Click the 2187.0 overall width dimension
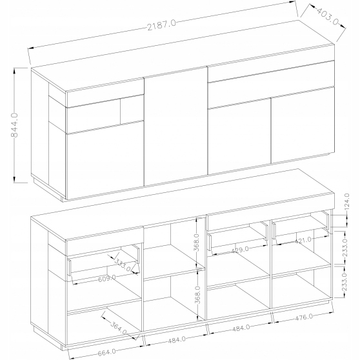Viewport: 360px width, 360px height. (x=161, y=25)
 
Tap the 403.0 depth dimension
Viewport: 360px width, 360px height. (x=327, y=16)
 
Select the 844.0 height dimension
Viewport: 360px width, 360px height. (x=14, y=125)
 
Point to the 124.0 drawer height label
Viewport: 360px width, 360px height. (x=347, y=201)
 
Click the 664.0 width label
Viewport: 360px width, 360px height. (x=106, y=352)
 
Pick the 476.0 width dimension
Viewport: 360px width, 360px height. (x=304, y=317)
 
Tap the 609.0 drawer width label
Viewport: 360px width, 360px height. (x=107, y=279)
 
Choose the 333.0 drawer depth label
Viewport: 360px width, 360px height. (x=123, y=265)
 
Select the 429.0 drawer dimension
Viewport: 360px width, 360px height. (x=240, y=250)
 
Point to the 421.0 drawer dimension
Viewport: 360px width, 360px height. (x=303, y=241)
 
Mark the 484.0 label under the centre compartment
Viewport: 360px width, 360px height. (x=177, y=340)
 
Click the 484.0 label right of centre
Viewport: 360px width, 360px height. (x=241, y=328)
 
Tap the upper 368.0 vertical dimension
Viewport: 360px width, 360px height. (x=197, y=243)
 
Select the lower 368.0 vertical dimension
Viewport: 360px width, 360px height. (x=197, y=295)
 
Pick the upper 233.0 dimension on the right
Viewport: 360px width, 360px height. (x=345, y=248)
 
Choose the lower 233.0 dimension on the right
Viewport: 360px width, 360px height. (x=345, y=281)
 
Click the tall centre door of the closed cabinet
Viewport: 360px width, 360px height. (x=176, y=126)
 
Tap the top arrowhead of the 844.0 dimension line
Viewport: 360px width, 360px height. (x=14, y=70)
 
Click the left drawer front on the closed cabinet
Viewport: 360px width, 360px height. (x=105, y=93)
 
